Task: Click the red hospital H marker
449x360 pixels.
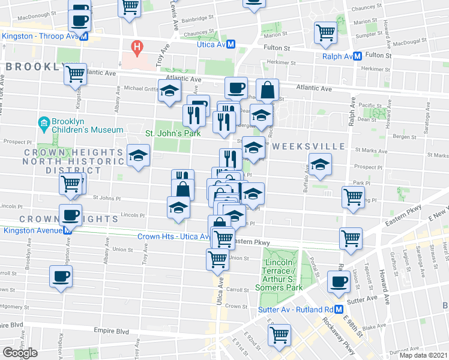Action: (137, 46)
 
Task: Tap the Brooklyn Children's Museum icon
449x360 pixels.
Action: (43, 125)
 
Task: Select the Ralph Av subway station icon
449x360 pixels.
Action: (357, 56)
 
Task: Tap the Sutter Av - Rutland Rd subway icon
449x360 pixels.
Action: (339, 310)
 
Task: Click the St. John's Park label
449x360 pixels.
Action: (174, 134)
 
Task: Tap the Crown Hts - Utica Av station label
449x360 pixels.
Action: (174, 236)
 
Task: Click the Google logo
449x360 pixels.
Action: (20, 353)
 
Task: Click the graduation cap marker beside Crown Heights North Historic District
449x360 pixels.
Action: (138, 156)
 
